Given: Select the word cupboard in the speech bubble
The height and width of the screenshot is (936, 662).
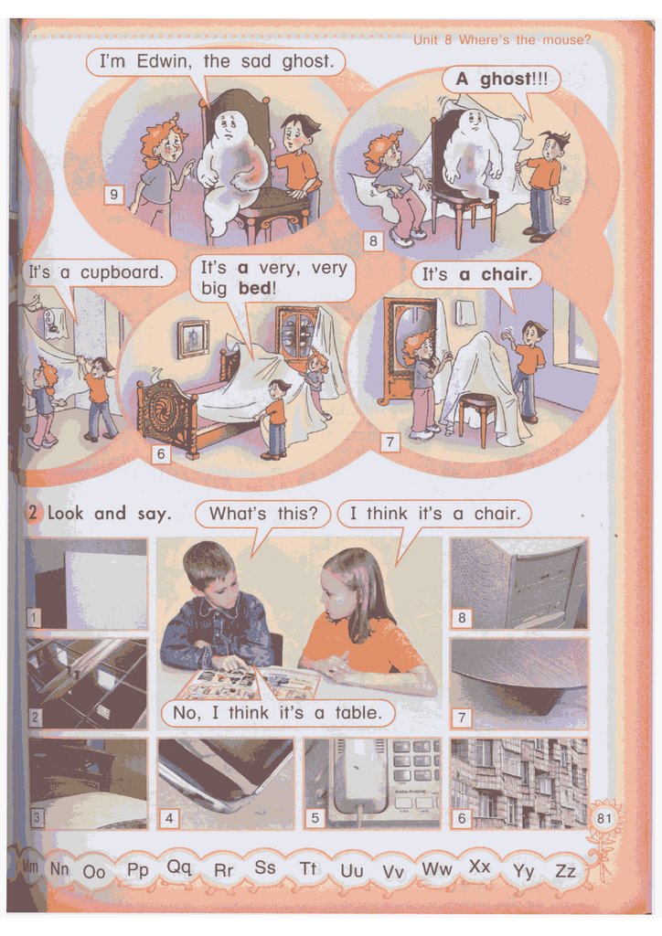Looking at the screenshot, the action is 122,272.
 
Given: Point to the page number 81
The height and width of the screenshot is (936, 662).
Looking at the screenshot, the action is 604,817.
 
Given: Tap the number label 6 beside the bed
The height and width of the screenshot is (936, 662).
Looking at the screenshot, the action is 161,453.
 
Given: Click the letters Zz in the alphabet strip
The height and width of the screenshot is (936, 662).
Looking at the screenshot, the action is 565,871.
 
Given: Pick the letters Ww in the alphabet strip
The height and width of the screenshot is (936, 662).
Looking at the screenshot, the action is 437,868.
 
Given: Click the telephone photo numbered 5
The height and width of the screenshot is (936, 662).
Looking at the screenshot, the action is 372,782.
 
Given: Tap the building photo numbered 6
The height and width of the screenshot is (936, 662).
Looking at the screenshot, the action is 519,782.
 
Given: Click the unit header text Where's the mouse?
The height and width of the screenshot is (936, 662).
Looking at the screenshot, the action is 525,40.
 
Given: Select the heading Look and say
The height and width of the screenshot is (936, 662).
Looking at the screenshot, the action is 109,514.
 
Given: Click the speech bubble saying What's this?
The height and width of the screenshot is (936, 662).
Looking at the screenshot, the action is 262,514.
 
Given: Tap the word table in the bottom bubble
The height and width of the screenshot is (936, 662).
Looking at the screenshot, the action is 358,712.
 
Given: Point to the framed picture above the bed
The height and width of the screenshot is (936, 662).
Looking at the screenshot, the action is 192,339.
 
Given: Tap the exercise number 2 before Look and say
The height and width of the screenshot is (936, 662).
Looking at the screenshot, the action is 34,513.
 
